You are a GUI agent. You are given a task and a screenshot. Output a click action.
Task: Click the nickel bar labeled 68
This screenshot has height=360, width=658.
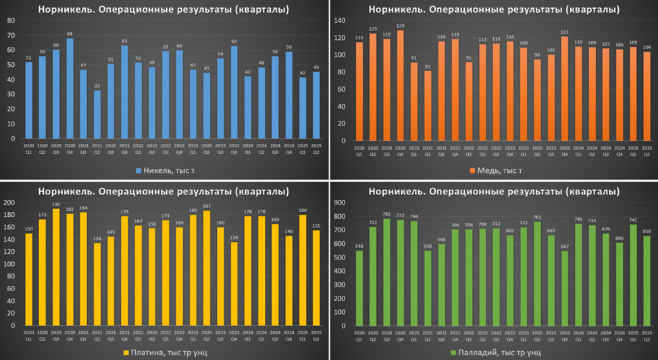(x=70, y=88)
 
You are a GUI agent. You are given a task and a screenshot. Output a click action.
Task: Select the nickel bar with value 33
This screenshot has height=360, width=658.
(x=98, y=114)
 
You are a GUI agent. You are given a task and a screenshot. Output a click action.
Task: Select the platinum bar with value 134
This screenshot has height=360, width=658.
(x=98, y=284)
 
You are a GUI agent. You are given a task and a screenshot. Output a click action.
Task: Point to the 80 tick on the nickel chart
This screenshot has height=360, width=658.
(x=11, y=20)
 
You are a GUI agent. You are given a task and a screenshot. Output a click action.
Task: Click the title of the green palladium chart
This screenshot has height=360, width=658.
(x=493, y=192)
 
